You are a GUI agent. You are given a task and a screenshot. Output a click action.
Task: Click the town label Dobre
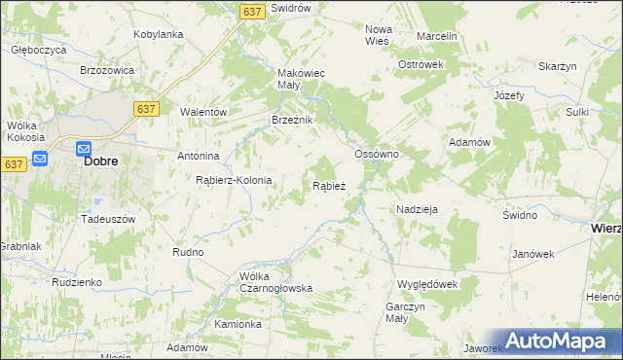coord(101,162)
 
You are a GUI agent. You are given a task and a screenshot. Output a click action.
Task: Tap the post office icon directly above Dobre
coord(85,148)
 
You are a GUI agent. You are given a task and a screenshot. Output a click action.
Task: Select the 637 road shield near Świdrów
coord(252,11)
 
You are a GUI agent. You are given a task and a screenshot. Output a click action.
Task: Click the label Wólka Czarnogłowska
coord(275,281)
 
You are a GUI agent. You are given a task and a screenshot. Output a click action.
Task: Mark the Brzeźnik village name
coord(291,120)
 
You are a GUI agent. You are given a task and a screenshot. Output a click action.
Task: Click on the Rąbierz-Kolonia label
coord(234,180)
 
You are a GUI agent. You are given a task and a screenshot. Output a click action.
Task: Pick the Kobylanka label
coord(159,34)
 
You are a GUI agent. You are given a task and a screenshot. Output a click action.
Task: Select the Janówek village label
coord(532,254)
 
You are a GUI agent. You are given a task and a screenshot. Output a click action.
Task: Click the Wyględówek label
coord(426,284)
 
